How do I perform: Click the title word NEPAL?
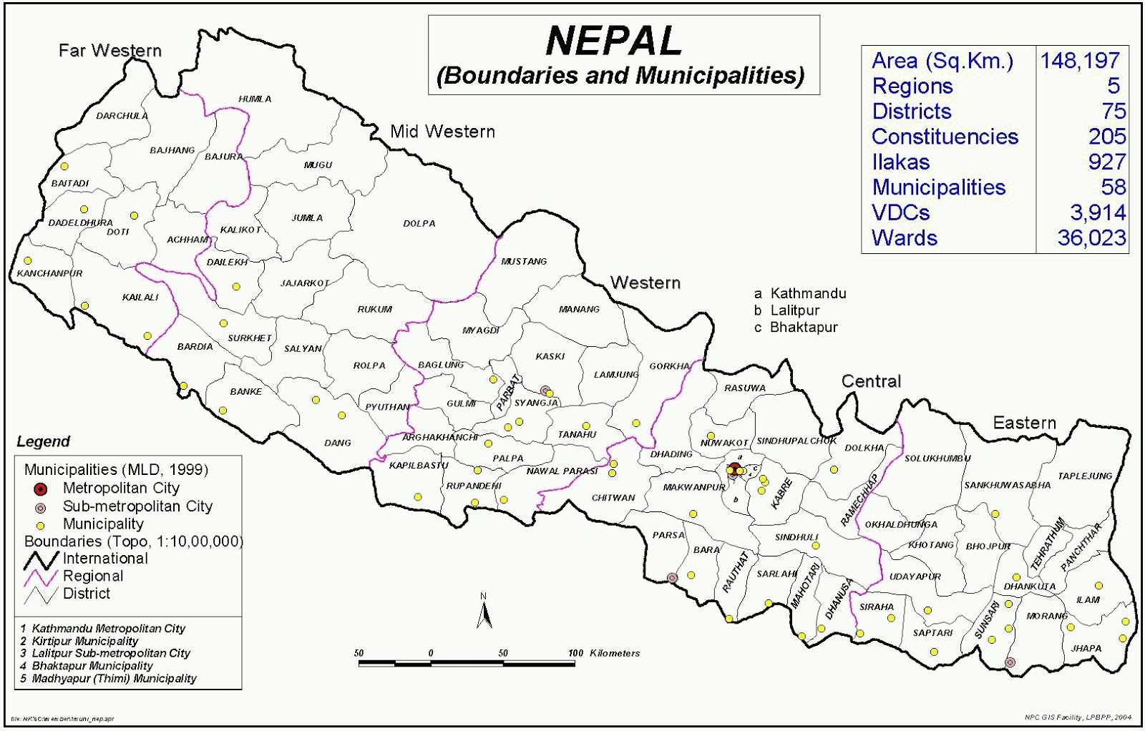point(613,41)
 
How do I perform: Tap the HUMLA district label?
point(255,99)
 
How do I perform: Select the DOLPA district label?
point(419,223)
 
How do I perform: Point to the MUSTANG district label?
point(524,261)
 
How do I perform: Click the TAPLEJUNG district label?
point(1085,476)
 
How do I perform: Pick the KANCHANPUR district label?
point(49,273)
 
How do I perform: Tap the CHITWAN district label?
point(613,497)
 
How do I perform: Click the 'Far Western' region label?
point(109,50)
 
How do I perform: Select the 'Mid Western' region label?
point(442,132)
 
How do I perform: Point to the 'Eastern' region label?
point(1024,423)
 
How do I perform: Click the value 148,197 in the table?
point(1080,61)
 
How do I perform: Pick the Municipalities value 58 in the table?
point(1113,187)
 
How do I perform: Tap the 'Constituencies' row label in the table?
point(945,137)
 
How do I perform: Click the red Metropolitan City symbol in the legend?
point(41,489)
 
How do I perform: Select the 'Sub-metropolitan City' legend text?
point(137,506)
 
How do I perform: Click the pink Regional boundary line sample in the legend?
point(41,577)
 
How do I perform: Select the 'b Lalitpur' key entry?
point(786,310)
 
